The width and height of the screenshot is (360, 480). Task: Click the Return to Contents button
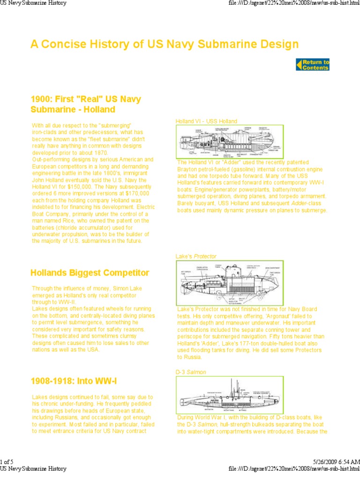[313, 65]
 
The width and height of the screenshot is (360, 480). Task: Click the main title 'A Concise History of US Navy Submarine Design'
[165, 44]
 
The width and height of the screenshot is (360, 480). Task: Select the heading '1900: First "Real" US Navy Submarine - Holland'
[85, 104]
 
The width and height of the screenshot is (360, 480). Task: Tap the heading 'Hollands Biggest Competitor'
[90, 273]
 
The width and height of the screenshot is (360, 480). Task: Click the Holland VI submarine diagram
[230, 142]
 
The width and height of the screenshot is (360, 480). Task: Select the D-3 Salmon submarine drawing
[230, 396]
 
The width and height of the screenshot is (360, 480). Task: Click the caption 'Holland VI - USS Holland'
[206, 121]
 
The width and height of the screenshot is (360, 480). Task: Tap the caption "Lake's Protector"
[196, 256]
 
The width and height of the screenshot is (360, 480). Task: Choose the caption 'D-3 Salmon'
[191, 372]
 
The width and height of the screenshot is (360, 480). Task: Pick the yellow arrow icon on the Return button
[299, 65]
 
